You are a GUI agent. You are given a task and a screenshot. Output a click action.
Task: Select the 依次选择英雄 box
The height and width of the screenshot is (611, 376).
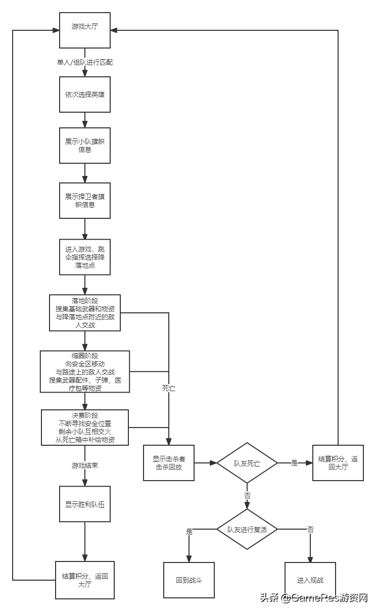point(85,95)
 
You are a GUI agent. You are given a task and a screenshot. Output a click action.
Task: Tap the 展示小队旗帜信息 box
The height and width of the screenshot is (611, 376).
point(85,145)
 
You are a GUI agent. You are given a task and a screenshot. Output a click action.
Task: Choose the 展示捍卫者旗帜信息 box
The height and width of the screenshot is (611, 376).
point(85,200)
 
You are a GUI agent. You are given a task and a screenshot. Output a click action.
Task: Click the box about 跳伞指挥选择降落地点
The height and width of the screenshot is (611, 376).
point(85,257)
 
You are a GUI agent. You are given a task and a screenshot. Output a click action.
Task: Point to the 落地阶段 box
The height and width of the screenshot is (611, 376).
point(85,313)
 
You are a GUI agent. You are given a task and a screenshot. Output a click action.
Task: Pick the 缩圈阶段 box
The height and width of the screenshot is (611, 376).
point(85,371)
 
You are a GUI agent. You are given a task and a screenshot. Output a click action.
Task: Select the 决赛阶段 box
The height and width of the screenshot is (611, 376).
point(85,427)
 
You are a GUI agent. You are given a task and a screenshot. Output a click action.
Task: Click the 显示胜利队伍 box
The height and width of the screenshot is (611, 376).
point(85,504)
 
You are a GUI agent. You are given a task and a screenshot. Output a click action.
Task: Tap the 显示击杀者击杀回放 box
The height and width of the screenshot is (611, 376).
point(169,462)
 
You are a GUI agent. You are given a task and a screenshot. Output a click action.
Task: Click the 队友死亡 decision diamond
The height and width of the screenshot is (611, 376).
point(247,463)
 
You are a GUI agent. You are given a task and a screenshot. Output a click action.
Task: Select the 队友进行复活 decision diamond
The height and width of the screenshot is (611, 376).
point(247,530)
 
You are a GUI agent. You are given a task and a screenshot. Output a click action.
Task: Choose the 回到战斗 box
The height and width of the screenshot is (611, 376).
point(189,580)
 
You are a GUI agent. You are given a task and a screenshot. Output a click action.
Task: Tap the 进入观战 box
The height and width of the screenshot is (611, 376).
point(310,580)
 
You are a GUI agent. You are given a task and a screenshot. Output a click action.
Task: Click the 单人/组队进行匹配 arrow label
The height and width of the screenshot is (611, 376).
point(85,62)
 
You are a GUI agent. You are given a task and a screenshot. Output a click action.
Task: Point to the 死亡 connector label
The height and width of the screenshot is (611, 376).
point(169,389)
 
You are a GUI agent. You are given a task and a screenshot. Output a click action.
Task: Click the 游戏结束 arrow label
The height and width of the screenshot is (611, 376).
point(85,465)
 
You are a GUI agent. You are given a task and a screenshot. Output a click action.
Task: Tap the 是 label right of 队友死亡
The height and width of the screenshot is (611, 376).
point(295,463)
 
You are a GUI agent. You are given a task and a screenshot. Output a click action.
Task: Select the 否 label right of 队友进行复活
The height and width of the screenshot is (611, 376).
point(310,530)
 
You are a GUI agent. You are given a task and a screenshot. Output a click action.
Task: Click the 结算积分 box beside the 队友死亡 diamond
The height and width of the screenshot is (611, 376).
point(338,463)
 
